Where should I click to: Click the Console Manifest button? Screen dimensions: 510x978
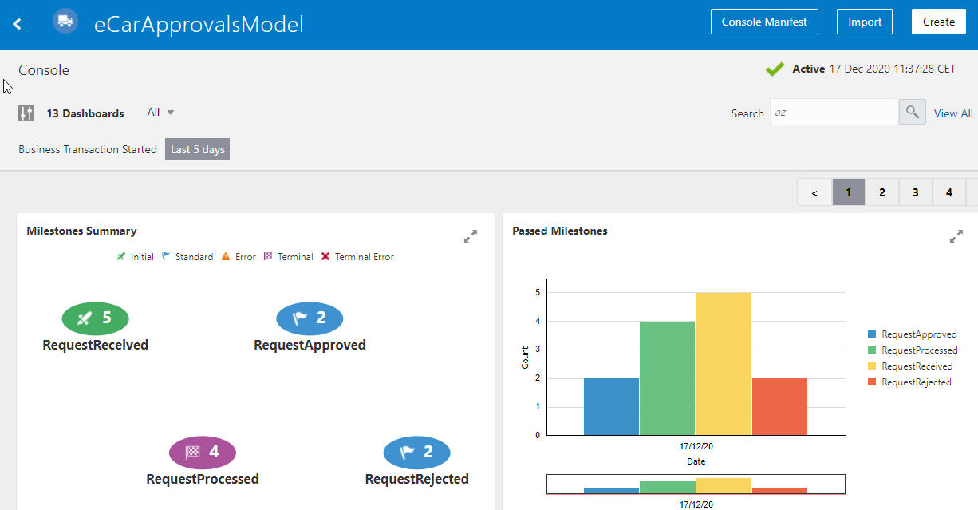(764, 22)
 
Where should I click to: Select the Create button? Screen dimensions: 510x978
(938, 22)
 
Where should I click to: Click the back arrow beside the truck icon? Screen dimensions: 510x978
(17, 23)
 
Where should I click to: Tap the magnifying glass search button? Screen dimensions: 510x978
(912, 113)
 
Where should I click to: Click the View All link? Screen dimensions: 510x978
(953, 113)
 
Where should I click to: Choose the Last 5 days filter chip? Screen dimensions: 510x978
(197, 149)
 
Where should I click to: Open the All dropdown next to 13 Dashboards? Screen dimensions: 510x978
(160, 113)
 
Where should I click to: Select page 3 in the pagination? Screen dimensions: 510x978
(915, 192)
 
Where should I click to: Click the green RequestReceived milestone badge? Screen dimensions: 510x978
(95, 318)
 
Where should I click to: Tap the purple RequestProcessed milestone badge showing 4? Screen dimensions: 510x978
(203, 453)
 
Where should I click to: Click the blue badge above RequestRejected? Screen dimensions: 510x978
(416, 453)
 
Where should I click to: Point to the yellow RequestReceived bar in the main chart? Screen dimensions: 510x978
(723, 364)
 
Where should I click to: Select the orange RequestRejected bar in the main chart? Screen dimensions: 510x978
(779, 406)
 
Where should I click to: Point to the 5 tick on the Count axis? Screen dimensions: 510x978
(538, 293)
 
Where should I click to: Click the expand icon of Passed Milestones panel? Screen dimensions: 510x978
(956, 236)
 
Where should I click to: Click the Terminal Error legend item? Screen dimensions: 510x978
(357, 257)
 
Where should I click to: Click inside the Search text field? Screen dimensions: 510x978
(834, 113)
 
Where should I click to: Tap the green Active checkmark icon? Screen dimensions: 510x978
(775, 69)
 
